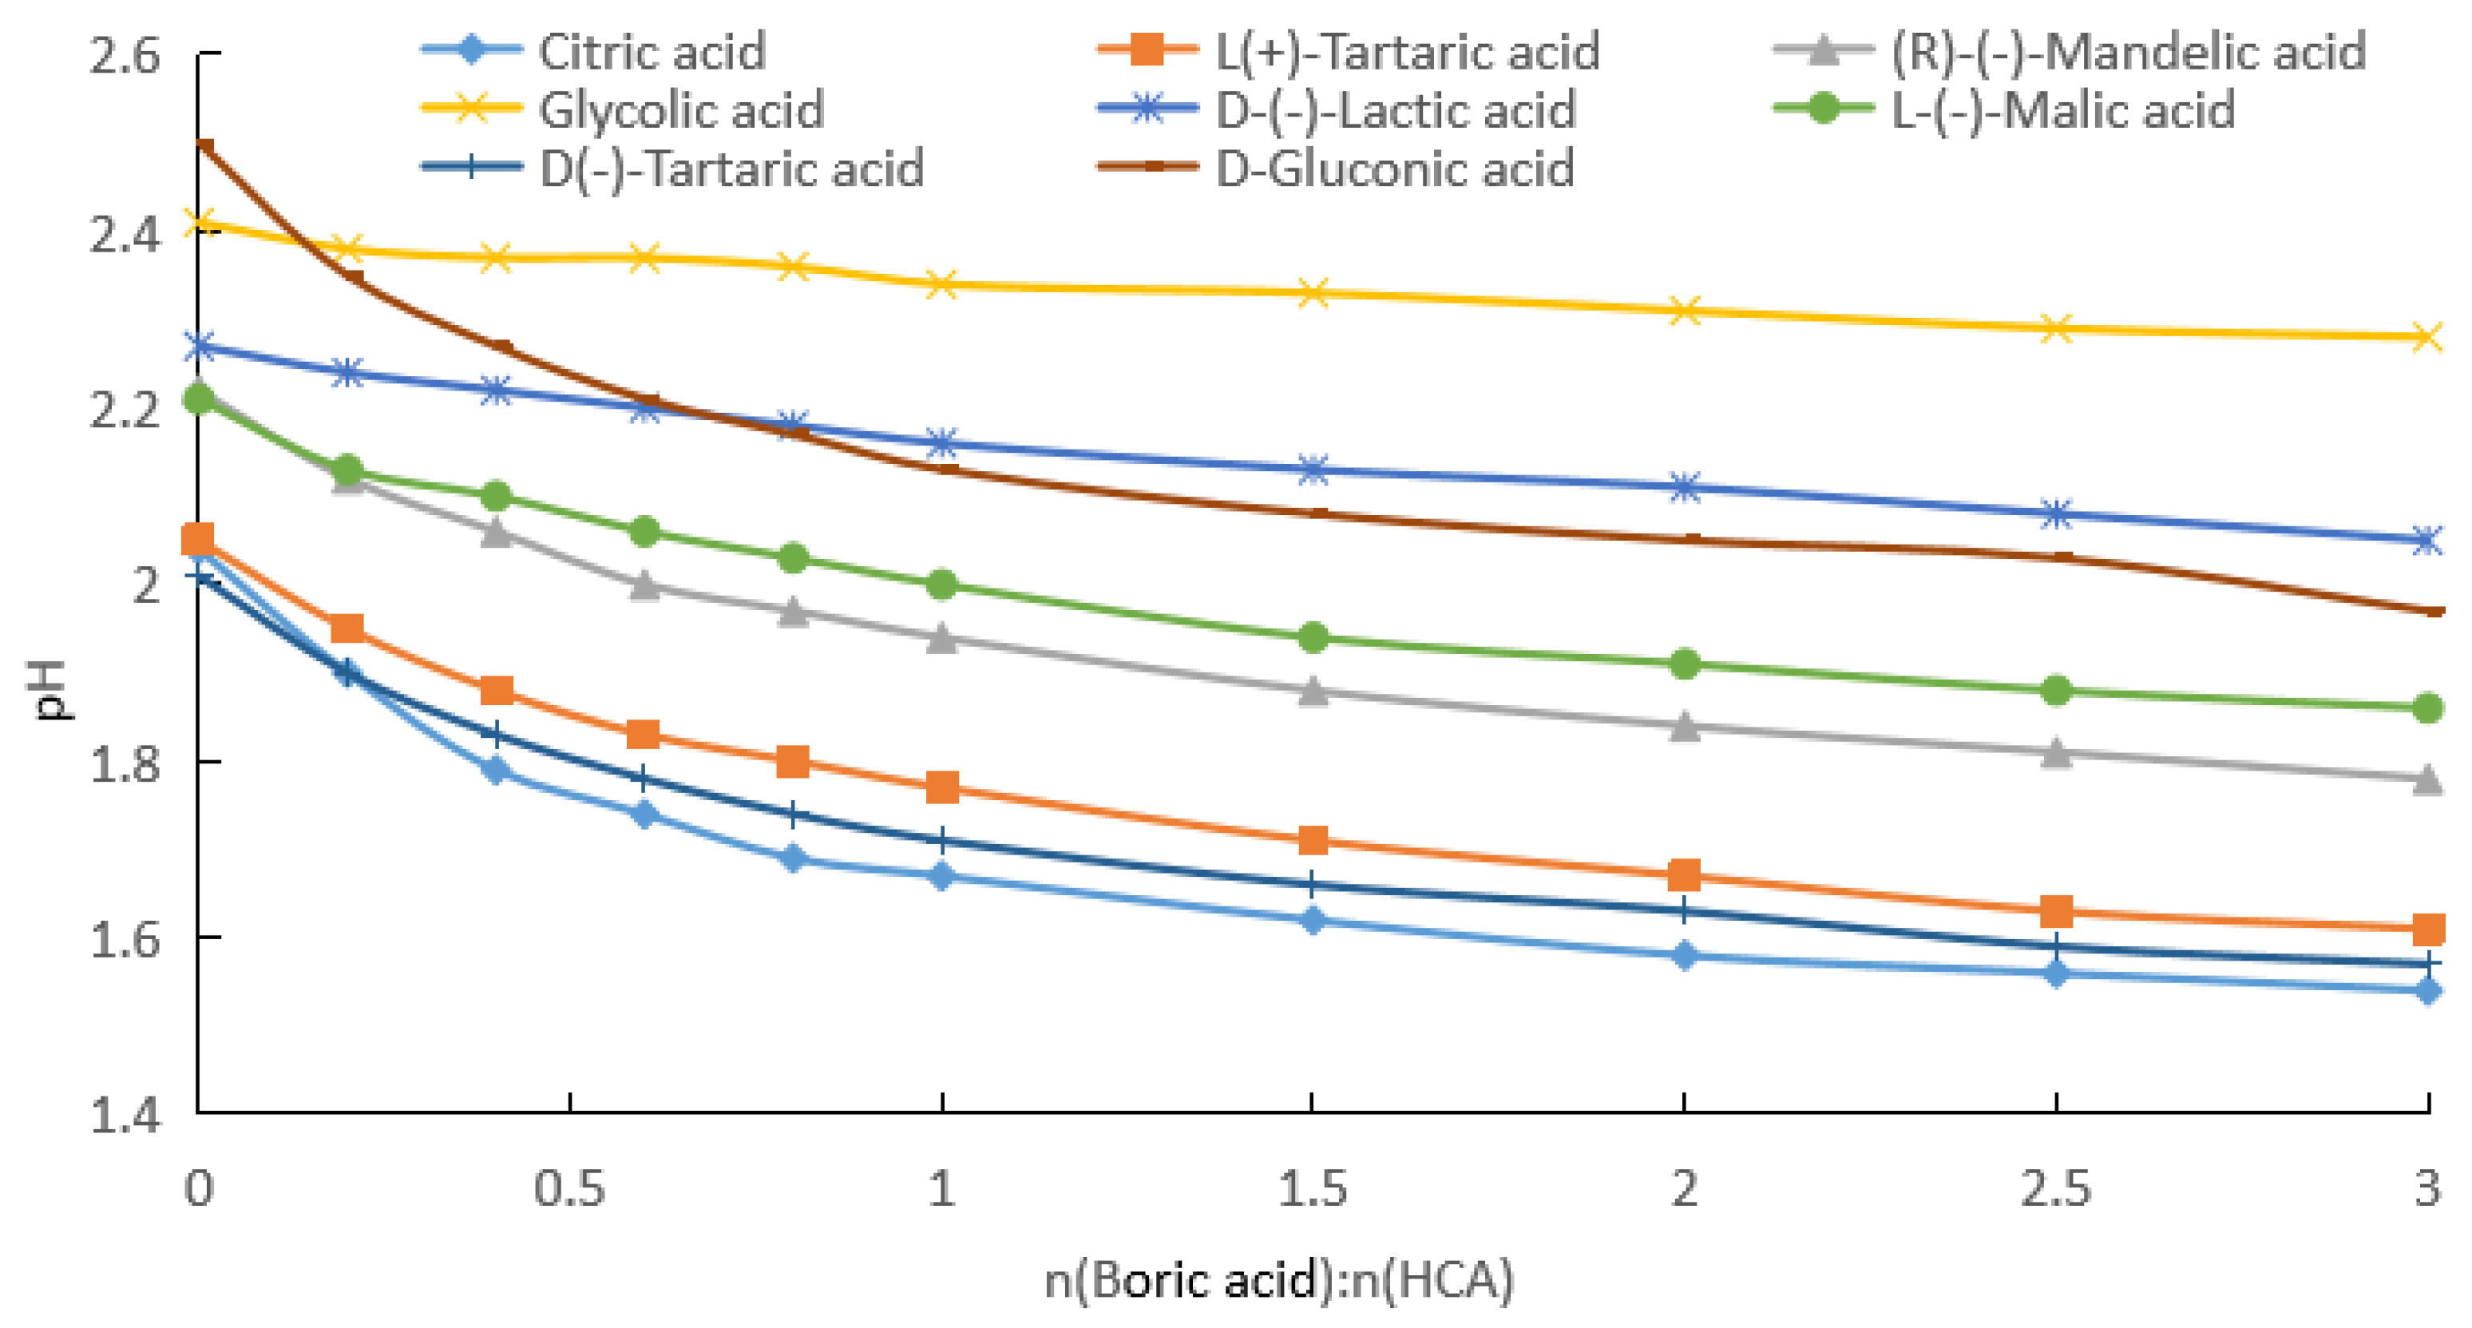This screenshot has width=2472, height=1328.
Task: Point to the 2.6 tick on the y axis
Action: (125, 56)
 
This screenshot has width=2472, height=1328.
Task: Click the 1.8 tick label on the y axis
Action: (125, 763)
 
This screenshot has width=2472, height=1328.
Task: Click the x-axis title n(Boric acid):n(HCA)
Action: (1279, 1280)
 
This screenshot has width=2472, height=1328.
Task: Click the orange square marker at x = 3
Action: (2428, 928)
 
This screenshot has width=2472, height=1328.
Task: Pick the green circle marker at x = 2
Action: (1685, 663)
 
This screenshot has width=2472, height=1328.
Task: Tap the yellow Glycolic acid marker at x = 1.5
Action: (1313, 292)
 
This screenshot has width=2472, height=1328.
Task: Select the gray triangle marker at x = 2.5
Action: (2055, 753)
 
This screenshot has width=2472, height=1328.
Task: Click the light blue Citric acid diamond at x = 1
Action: (941, 875)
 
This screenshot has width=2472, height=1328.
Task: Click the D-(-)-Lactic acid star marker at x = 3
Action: (2428, 539)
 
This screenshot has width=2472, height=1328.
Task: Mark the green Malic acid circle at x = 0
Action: (200, 397)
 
